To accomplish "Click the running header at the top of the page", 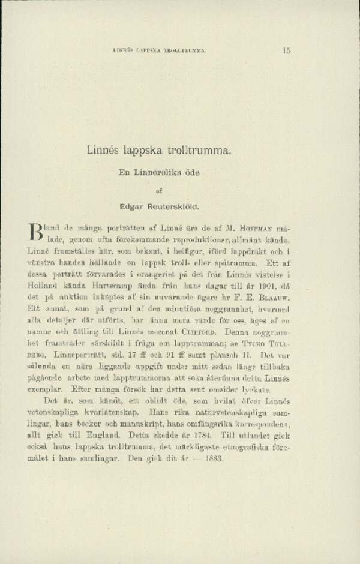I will [x=159, y=51].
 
